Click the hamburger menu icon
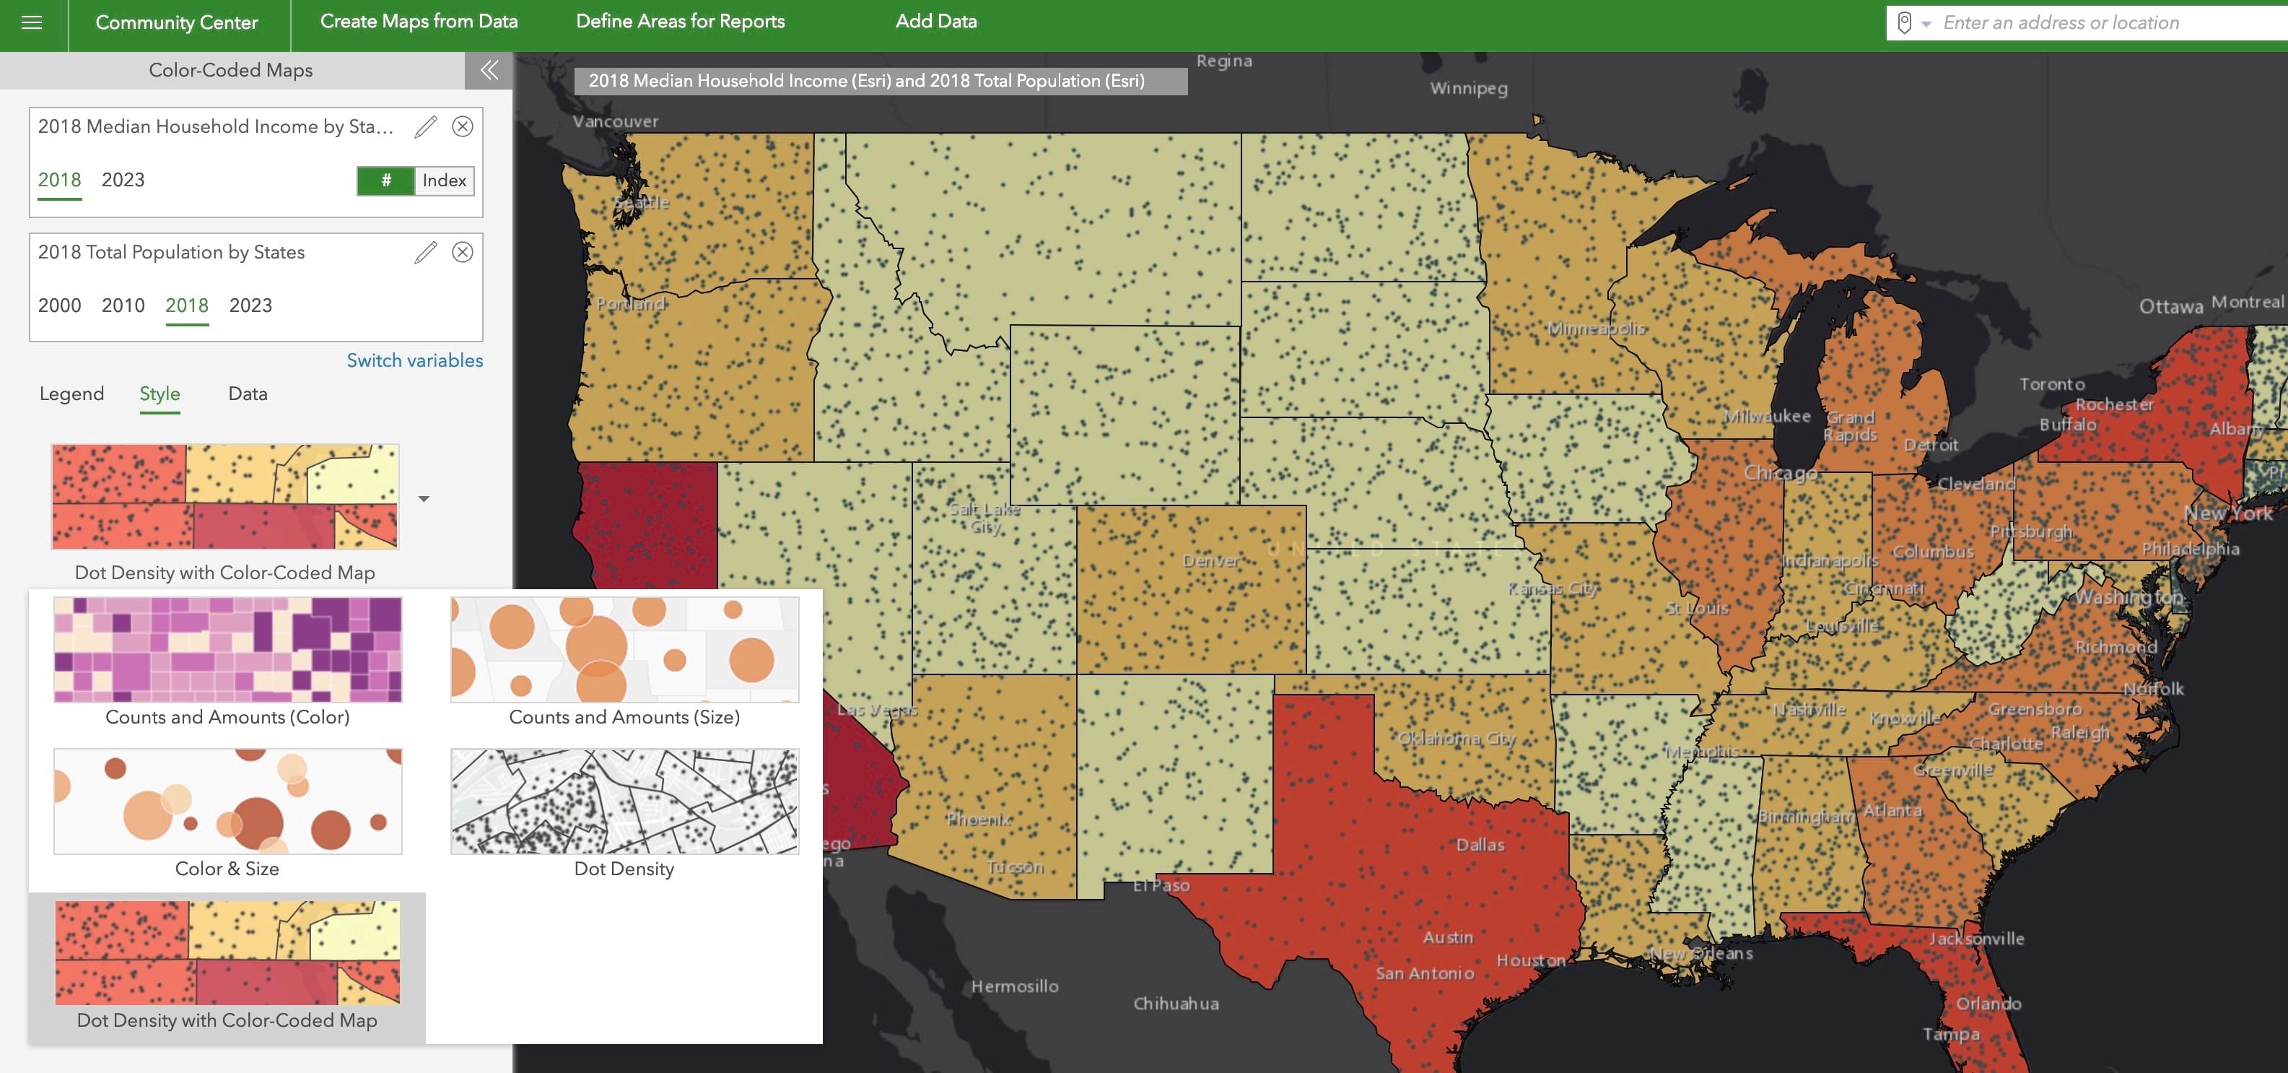[x=32, y=23]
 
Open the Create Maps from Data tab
[x=419, y=22]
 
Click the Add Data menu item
[x=935, y=22]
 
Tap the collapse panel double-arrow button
[x=489, y=70]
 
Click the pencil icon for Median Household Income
[x=425, y=127]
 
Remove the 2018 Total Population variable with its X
[x=462, y=252]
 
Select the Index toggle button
[x=443, y=181]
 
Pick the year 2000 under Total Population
[x=59, y=305]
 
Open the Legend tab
[x=71, y=394]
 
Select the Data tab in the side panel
[x=247, y=394]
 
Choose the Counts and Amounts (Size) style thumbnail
[x=624, y=650]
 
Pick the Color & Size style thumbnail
[x=227, y=802]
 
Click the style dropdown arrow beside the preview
[x=424, y=499]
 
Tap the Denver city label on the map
[x=1210, y=561]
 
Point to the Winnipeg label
[x=1467, y=89]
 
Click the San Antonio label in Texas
[x=1424, y=973]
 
